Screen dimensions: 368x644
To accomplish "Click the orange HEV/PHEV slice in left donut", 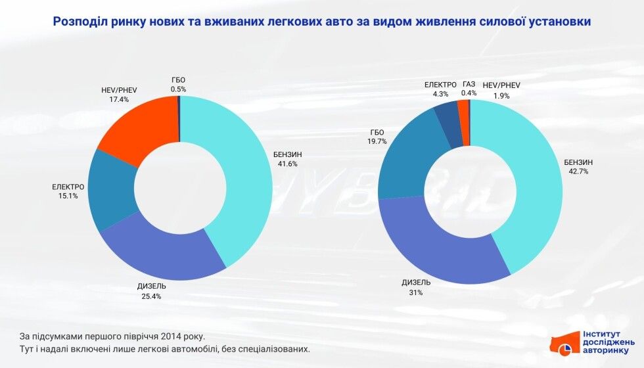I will [135, 131].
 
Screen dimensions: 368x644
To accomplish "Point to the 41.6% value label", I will [284, 164].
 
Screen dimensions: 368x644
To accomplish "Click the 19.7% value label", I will [377, 141].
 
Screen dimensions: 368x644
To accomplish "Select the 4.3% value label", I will [440, 94].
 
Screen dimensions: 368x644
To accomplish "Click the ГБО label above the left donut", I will [178, 80].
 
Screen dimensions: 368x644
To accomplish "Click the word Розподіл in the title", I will [81, 22].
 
